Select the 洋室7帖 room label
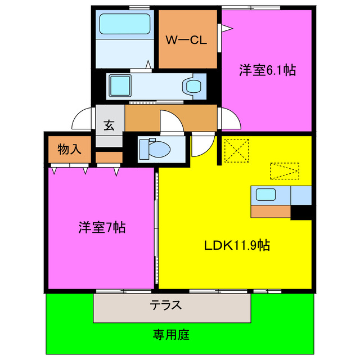pos(102,228)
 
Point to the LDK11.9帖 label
pos(236,245)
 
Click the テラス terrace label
pos(165,305)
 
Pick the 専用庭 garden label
pos(171,335)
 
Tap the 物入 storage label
pos(70,149)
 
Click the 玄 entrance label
pos(109,125)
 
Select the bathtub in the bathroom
pos(124,24)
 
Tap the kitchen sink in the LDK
pos(265,195)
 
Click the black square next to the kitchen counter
pos(300,212)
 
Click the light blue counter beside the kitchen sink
pos(300,195)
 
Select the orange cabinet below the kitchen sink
pos(271,212)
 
